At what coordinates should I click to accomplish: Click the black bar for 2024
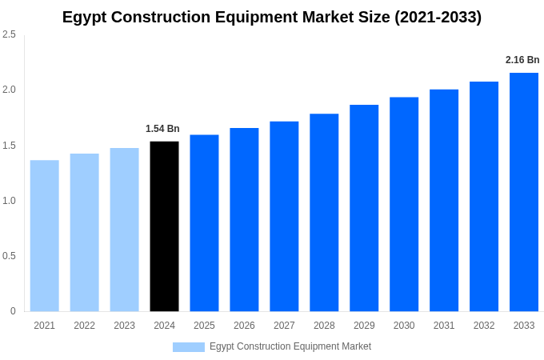(x=164, y=226)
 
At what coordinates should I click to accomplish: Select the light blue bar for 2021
(x=45, y=236)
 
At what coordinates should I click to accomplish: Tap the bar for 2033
(x=524, y=192)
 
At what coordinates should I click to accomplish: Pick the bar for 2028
(x=324, y=213)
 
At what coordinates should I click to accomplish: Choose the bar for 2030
(x=404, y=204)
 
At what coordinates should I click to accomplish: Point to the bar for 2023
(x=124, y=230)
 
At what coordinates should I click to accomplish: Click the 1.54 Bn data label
(x=162, y=129)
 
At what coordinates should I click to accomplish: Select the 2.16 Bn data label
(x=522, y=60)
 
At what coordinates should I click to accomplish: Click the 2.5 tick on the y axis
(x=9, y=34)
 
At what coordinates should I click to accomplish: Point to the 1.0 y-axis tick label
(x=9, y=201)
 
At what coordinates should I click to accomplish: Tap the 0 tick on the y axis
(x=13, y=311)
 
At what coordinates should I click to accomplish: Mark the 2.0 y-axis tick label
(x=9, y=90)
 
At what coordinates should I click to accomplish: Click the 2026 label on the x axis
(x=244, y=326)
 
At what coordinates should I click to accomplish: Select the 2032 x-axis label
(x=484, y=326)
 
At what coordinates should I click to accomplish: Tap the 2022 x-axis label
(x=84, y=326)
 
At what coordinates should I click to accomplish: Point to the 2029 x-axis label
(x=364, y=326)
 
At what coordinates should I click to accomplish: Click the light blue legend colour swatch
(x=189, y=347)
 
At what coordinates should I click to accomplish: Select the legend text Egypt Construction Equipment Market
(x=290, y=346)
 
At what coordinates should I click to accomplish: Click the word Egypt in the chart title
(x=84, y=18)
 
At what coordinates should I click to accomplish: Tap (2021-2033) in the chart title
(x=438, y=18)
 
